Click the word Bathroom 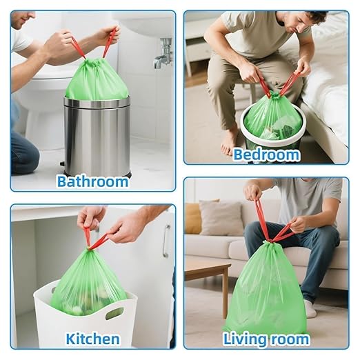92,182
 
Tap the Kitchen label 92,339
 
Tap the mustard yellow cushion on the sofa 193,218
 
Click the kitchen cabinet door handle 166,241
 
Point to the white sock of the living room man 310,308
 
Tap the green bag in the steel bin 97,81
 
